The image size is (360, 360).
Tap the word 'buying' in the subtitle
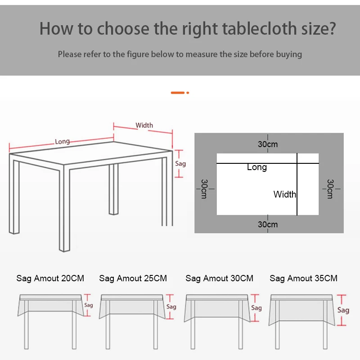pyautogui.click(x=288, y=54)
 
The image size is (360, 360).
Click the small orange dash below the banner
pyautogui.click(x=178, y=93)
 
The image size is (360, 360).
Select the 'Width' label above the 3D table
pyautogui.click(x=144, y=125)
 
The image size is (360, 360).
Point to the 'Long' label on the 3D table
pyautogui.click(x=62, y=141)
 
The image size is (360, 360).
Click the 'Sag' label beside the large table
pyautogui.click(x=180, y=164)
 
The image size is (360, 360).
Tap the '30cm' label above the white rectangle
pyautogui.click(x=268, y=144)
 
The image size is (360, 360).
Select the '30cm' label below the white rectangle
pyautogui.click(x=268, y=224)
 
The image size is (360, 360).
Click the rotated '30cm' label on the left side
pyautogui.click(x=204, y=189)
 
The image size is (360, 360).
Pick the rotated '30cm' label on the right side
pyautogui.click(x=330, y=189)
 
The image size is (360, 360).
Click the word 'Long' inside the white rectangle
pyautogui.click(x=257, y=167)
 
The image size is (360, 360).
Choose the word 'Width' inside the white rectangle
pyautogui.click(x=285, y=194)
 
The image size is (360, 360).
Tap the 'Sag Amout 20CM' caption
pyautogui.click(x=50, y=279)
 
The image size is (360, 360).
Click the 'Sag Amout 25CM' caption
pyautogui.click(x=133, y=279)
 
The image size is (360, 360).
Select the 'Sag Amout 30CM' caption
pyautogui.click(x=220, y=279)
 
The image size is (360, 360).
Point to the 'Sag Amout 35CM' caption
pyautogui.click(x=304, y=279)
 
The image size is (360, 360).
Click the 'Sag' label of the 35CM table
pyautogui.click(x=343, y=310)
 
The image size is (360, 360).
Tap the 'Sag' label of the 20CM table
pyautogui.click(x=89, y=305)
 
